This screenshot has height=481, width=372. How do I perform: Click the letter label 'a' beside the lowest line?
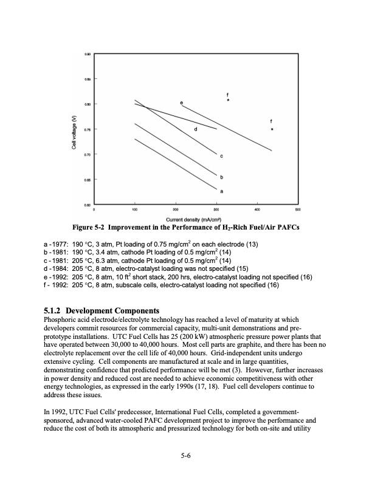click(x=221, y=191)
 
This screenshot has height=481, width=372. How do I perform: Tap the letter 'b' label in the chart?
click(x=222, y=177)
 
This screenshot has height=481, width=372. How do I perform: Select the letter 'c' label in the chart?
click(x=222, y=156)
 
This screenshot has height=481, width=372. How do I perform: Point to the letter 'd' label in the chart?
click(x=196, y=129)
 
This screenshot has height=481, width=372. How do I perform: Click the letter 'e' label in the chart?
click(x=181, y=102)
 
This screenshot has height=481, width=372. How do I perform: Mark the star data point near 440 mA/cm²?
click(x=272, y=129)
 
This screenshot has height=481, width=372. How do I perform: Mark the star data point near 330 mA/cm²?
click(x=227, y=101)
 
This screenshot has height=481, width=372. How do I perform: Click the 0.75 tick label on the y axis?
click(x=89, y=129)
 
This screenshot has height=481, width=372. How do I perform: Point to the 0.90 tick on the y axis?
click(x=89, y=54)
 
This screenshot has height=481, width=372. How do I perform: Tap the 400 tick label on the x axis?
click(x=257, y=210)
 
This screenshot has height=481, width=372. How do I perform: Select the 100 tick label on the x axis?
click(x=134, y=210)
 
